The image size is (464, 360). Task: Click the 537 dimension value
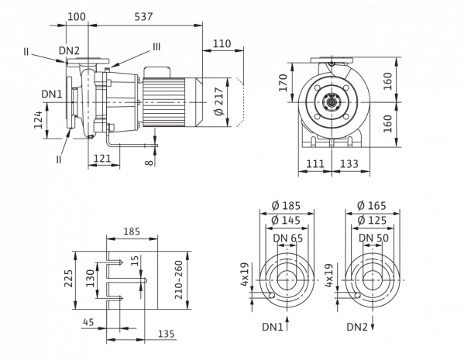pos(143,16)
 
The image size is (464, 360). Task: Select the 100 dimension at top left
pos(77,16)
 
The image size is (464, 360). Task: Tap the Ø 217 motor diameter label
pos(219,101)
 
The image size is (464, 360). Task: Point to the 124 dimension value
pos(39,119)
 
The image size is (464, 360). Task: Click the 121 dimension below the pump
pos(102,159)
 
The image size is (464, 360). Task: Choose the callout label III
pos(156,46)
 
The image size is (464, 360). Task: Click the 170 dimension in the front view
pos(284,83)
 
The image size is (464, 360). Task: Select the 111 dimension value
pos(315,163)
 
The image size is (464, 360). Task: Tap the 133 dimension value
pos(349,163)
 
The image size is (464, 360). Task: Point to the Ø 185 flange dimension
pos(286,205)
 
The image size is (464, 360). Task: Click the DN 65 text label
pos(288,238)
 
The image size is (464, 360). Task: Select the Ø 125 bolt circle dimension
pos(372,221)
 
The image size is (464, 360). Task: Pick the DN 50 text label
pos(373,238)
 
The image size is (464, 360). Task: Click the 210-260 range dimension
pos(179,279)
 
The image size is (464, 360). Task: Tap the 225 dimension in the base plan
pos(69,278)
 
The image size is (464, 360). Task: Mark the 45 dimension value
pos(89,322)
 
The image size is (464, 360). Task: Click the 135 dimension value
pos(167,334)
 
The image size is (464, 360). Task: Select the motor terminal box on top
pos(156,73)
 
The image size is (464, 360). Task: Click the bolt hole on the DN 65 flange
pos(271,295)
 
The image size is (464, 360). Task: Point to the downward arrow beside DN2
pos(373,323)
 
